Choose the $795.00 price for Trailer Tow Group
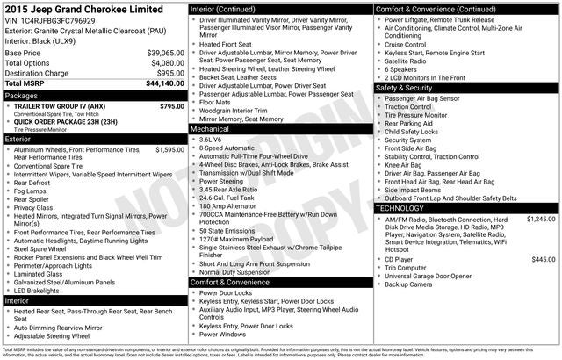tap(172, 106)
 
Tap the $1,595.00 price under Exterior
tap(169, 150)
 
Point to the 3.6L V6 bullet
tap(211, 139)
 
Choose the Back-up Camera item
tap(408, 284)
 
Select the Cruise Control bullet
tap(405, 43)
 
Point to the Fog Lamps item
tap(31, 191)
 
